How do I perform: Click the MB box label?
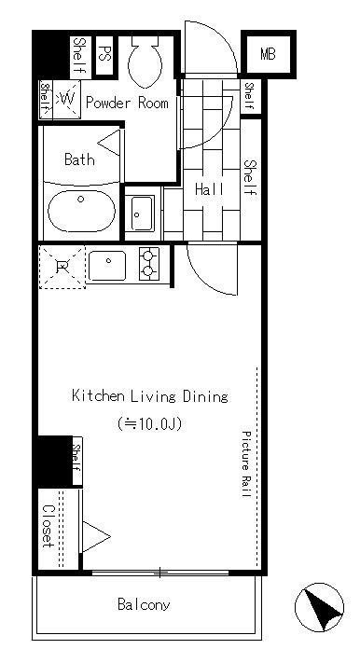[268, 54]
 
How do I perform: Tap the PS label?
[104, 54]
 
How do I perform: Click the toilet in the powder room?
[145, 62]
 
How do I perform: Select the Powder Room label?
[127, 103]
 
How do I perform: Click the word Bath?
[79, 159]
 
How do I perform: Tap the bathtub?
[81, 211]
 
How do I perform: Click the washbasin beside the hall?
[142, 214]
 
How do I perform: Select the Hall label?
[209, 189]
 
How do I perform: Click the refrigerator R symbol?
[62, 267]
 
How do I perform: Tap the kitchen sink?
[107, 266]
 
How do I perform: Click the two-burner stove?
[149, 264]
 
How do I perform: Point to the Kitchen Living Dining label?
[150, 396]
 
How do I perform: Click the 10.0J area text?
[150, 423]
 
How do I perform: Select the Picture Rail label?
[246, 463]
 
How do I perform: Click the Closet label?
[48, 527]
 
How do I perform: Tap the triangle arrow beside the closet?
[96, 537]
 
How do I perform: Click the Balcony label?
[144, 604]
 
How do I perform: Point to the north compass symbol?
[319, 608]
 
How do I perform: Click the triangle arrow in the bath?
[110, 143]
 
